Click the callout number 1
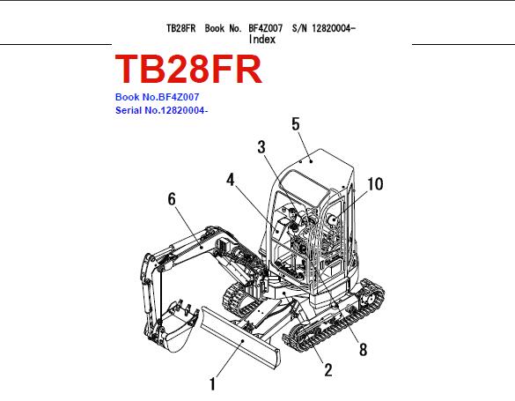(213, 384)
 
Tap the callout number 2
(328, 370)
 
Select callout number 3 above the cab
(261, 147)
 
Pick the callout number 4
(231, 180)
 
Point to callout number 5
(296, 124)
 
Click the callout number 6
(172, 199)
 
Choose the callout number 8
(363, 349)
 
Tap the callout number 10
(375, 184)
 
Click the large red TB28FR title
(188, 70)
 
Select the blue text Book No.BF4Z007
(157, 97)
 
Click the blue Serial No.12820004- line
(162, 110)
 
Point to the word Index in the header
(262, 40)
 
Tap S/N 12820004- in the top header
(324, 28)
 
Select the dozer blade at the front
(240, 337)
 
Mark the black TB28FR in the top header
(181, 28)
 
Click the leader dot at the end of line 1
(243, 341)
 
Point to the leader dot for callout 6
(201, 247)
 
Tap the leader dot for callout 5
(311, 161)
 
